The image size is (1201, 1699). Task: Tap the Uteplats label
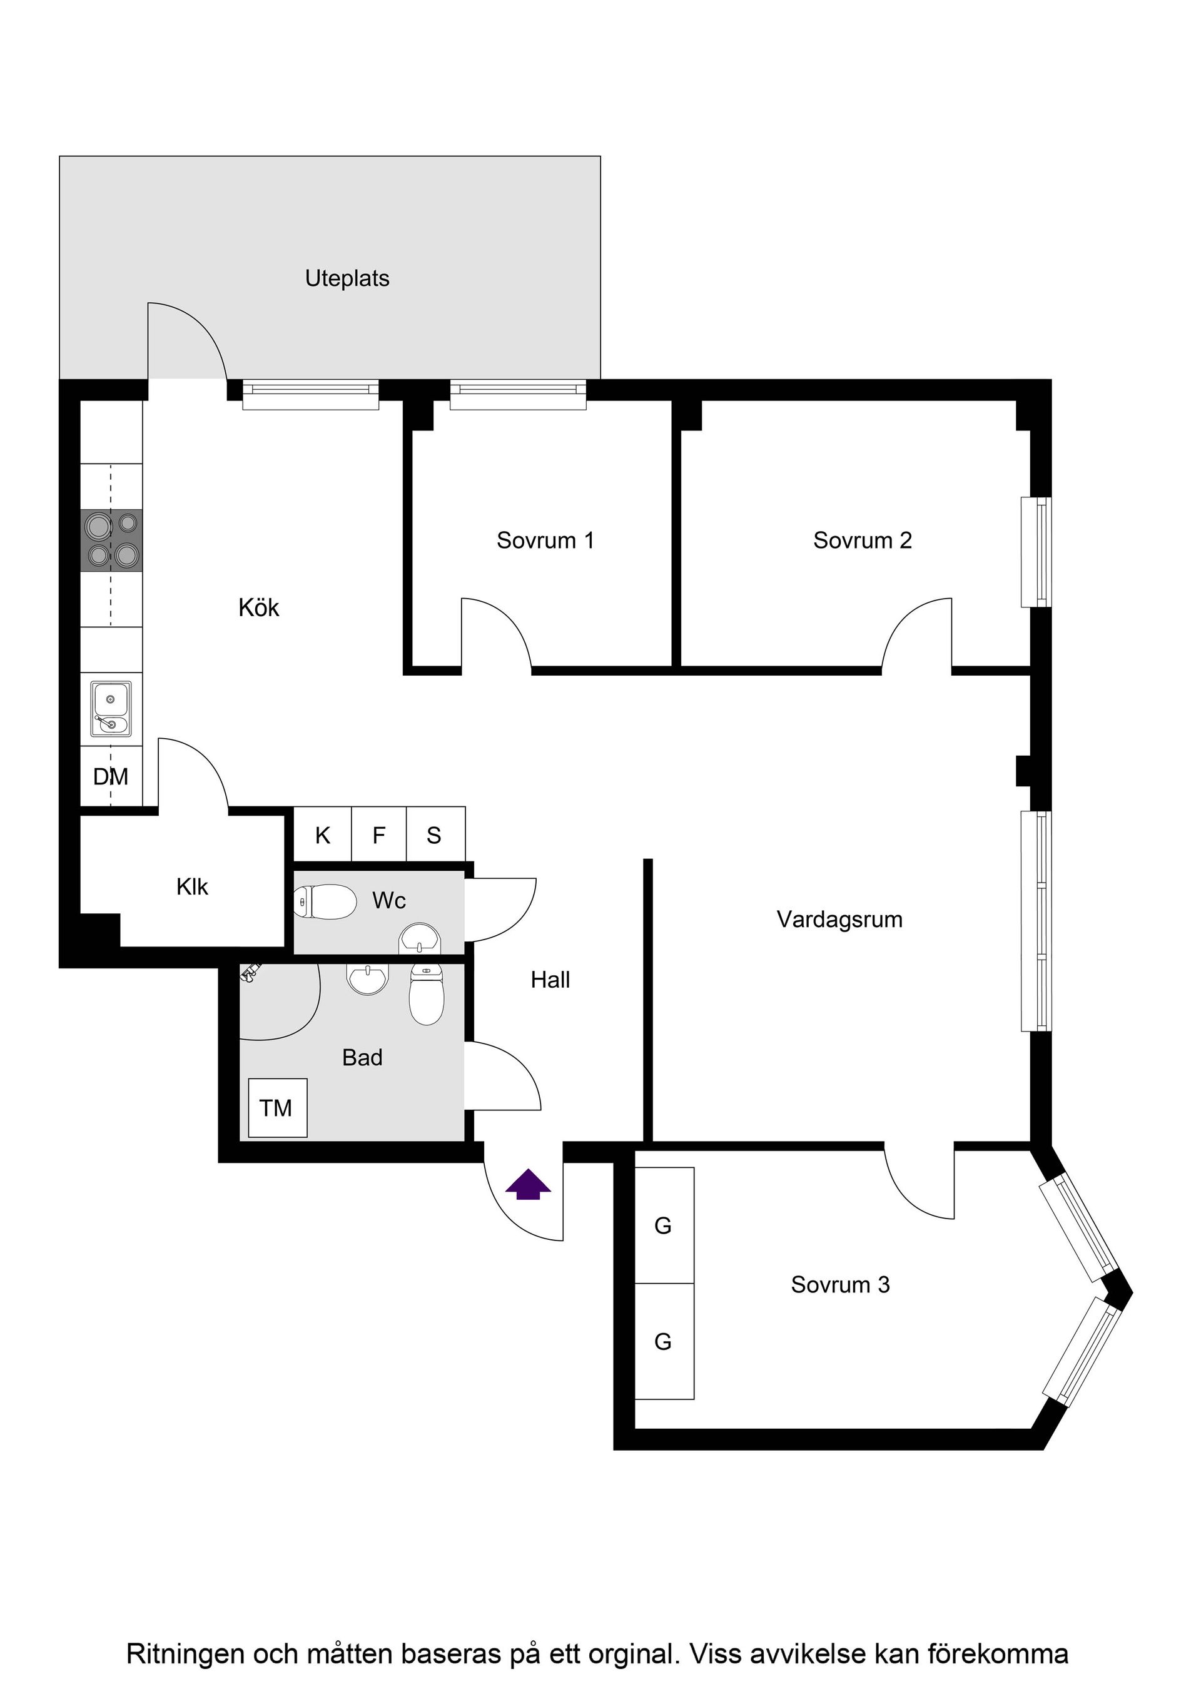[x=347, y=279]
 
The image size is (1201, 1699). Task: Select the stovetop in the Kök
[x=112, y=540]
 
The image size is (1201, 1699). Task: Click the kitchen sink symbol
[x=111, y=709]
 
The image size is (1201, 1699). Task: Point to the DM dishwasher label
[x=110, y=776]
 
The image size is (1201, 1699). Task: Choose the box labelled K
[x=323, y=836]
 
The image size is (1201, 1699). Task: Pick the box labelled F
[x=378, y=836]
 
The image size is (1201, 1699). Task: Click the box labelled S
[x=434, y=836]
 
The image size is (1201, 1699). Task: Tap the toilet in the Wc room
[x=325, y=902]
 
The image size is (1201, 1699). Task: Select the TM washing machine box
[x=276, y=1108]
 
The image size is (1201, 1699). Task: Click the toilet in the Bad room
[x=427, y=995]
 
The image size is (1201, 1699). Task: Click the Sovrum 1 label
[x=545, y=541]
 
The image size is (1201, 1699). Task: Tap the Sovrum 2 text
[x=862, y=541]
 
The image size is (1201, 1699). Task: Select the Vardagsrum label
[x=839, y=920]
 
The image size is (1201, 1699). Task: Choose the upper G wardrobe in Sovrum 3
[x=664, y=1225]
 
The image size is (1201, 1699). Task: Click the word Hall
[x=550, y=980]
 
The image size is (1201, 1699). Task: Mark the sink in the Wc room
[x=420, y=941]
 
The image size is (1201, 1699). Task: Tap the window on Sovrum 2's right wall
[x=1035, y=552]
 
